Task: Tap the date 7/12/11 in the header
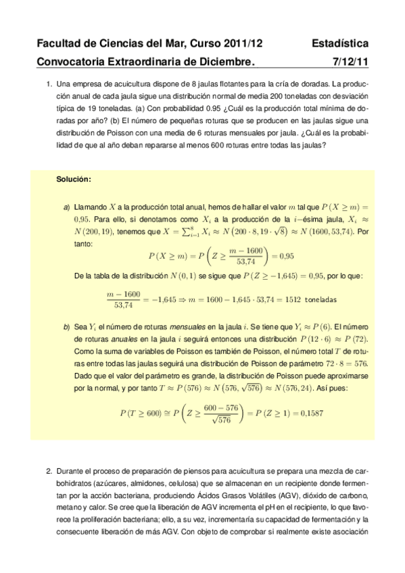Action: (x=352, y=62)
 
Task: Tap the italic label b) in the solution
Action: (x=66, y=326)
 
